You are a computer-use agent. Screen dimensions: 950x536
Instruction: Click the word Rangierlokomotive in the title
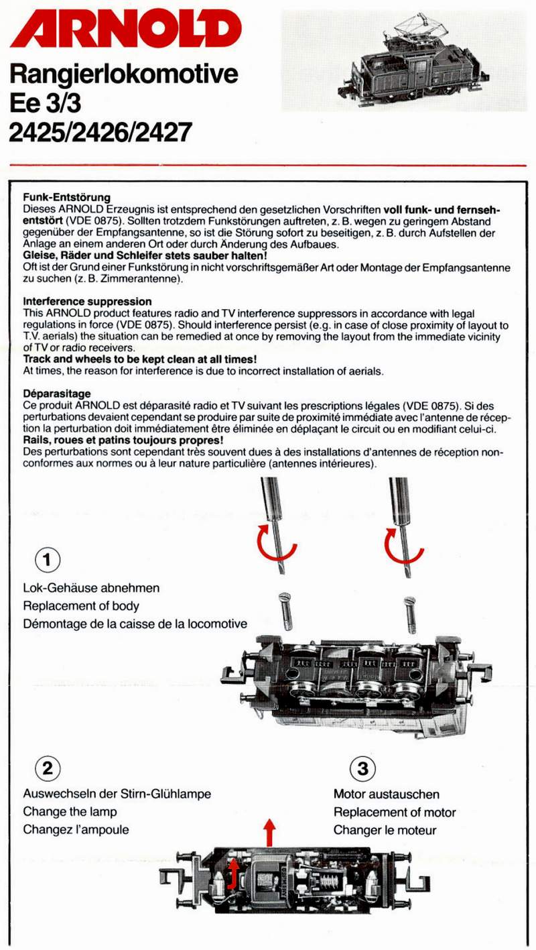point(124,74)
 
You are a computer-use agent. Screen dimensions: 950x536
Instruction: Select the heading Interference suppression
point(87,302)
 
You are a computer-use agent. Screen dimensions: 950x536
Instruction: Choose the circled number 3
point(362,768)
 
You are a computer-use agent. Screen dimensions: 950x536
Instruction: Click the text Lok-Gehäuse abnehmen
point(91,588)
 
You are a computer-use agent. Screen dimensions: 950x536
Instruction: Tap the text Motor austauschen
point(387,794)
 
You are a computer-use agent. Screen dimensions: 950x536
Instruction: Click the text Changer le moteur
point(385,830)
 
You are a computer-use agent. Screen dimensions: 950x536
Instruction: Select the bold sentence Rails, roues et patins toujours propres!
point(122,440)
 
